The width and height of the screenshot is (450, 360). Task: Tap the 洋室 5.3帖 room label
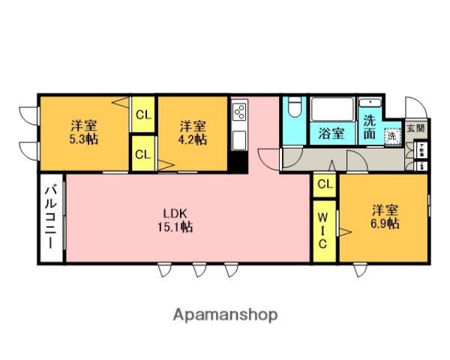[x=84, y=132]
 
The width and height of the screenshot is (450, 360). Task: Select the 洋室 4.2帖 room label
[x=192, y=132]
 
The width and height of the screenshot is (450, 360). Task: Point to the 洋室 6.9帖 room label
[x=383, y=217]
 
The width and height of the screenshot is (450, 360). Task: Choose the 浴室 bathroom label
[x=331, y=133]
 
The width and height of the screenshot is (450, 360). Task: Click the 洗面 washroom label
[x=370, y=127]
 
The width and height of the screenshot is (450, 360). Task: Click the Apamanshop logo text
[x=225, y=314]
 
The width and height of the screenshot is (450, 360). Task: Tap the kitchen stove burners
[x=238, y=112]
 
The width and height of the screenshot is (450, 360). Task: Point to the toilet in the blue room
[x=294, y=109]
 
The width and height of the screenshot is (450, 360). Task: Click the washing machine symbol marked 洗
[x=392, y=136]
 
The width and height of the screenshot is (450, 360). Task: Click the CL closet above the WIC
[x=324, y=183]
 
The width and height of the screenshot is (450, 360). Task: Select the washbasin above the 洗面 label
[x=370, y=102]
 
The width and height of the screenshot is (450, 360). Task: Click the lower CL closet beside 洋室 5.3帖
[x=142, y=154]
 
